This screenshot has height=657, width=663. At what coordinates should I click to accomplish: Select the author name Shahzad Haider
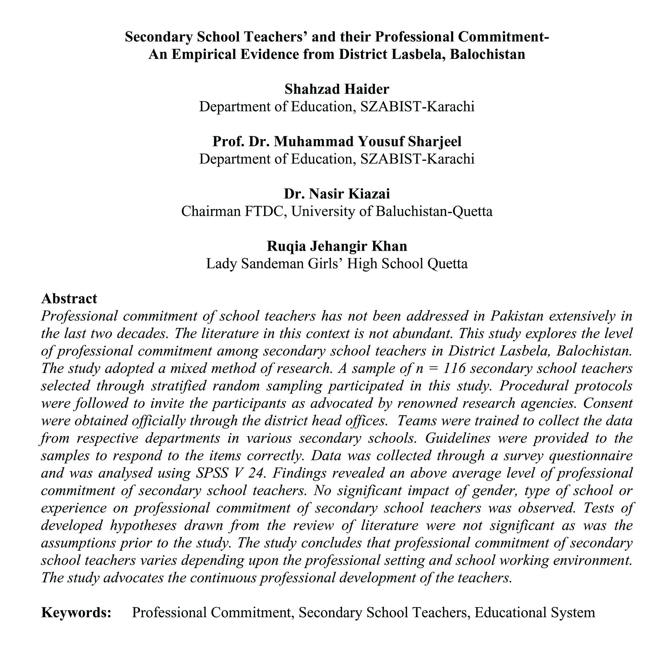pos(337,89)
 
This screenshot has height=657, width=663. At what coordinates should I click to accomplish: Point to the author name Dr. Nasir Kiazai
pos(337,194)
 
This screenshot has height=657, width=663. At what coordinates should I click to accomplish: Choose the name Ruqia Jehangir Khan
pos(337,246)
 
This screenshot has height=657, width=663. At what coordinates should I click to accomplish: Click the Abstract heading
pos(69,299)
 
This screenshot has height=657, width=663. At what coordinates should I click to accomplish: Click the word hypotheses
pos(143,525)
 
